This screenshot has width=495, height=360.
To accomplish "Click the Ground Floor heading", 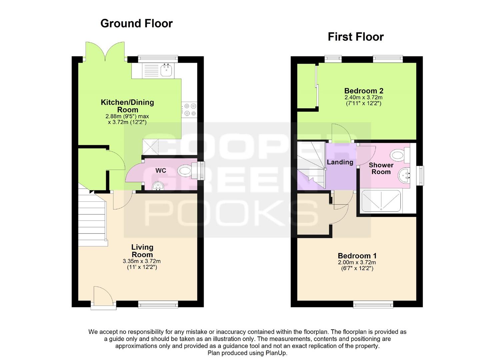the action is pyautogui.click(x=136, y=23).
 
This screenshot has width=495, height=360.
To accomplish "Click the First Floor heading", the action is pyautogui.click(x=356, y=37).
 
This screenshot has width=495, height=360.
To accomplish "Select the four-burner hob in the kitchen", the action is pyautogui.click(x=189, y=110).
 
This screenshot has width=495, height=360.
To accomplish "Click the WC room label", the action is pyautogui.click(x=161, y=171).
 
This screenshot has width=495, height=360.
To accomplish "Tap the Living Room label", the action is pyautogui.click(x=142, y=251).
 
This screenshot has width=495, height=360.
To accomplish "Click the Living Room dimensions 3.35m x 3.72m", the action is pyautogui.click(x=142, y=261).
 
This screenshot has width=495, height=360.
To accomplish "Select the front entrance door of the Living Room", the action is pyautogui.click(x=103, y=297).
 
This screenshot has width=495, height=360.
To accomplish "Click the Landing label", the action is pyautogui.click(x=340, y=162).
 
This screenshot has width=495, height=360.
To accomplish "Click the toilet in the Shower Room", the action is pyautogui.click(x=400, y=155).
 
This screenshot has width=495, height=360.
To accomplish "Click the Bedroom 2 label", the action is pyautogui.click(x=364, y=91).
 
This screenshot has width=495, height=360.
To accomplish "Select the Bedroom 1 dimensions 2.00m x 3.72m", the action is pyautogui.click(x=357, y=262).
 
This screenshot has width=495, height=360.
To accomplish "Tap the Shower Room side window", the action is pyautogui.click(x=420, y=176).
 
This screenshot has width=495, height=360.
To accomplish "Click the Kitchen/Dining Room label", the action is pyautogui.click(x=128, y=106).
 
